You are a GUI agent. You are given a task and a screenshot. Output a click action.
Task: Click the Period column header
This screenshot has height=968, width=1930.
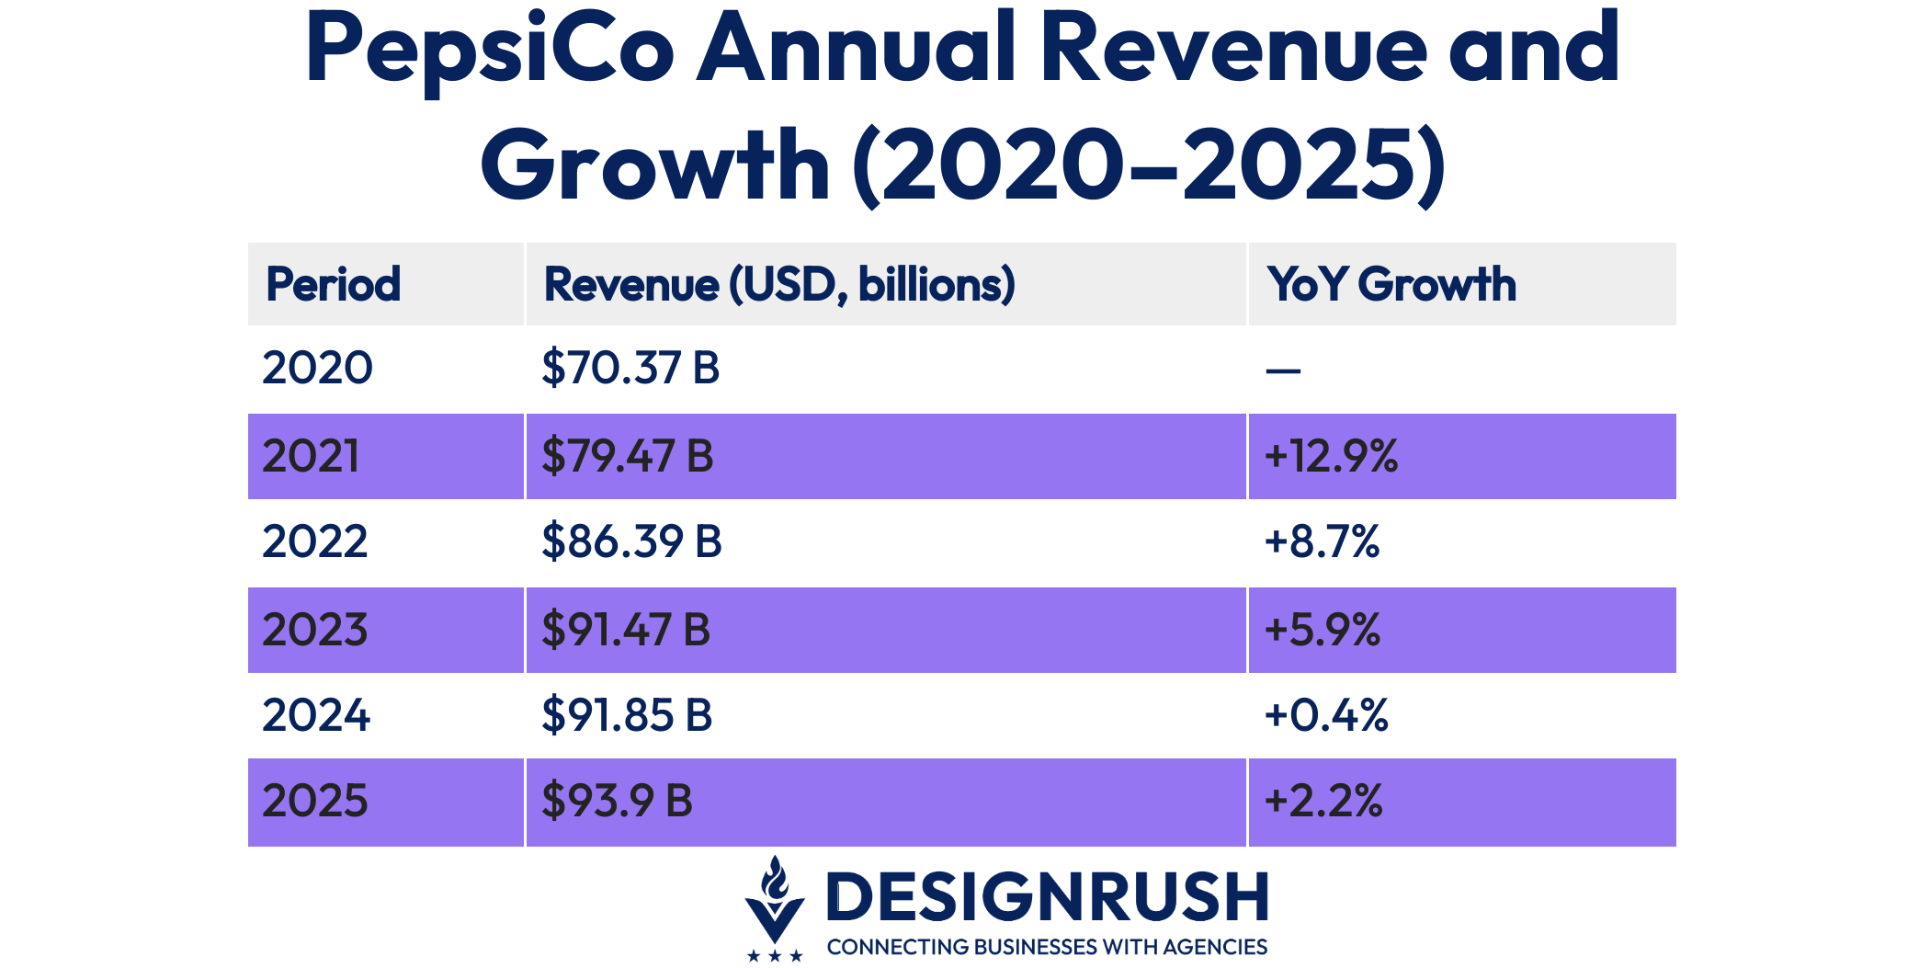click(333, 284)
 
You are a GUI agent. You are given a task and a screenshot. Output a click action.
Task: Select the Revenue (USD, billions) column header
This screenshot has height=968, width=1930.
click(779, 284)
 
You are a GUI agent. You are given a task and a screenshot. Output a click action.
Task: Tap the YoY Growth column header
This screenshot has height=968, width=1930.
click(1391, 284)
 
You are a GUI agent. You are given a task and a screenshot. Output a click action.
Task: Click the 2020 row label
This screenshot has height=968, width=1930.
click(317, 368)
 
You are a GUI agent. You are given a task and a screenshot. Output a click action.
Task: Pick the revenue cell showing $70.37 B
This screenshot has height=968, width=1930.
click(630, 368)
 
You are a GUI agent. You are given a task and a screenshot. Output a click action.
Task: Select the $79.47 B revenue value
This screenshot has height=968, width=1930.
click(627, 456)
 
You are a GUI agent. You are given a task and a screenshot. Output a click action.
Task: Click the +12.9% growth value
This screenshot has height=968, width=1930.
click(1331, 456)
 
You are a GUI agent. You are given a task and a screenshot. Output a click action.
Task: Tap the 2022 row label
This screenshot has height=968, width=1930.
click(315, 541)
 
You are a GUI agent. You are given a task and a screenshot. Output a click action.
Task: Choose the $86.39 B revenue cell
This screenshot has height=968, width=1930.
click(631, 541)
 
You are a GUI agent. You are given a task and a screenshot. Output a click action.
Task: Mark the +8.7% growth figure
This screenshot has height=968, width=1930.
click(1322, 541)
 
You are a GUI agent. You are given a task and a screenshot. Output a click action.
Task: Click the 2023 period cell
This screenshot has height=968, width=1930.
click(315, 630)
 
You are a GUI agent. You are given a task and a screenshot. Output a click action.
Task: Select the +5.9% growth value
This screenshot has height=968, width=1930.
click(1322, 630)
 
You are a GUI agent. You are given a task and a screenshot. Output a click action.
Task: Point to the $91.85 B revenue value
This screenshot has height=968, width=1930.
click(627, 715)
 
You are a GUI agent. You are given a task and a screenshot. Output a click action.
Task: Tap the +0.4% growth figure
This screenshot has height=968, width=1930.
click(1325, 715)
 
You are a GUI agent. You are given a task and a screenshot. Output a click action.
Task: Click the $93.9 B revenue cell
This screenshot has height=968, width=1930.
click(617, 801)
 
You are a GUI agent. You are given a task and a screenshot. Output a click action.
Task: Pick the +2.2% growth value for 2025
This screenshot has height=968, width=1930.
click(1323, 801)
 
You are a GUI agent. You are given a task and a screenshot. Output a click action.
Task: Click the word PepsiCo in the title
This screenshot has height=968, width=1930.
click(489, 51)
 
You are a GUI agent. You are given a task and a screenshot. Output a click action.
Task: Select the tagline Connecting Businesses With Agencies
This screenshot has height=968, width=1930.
click(1047, 947)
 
